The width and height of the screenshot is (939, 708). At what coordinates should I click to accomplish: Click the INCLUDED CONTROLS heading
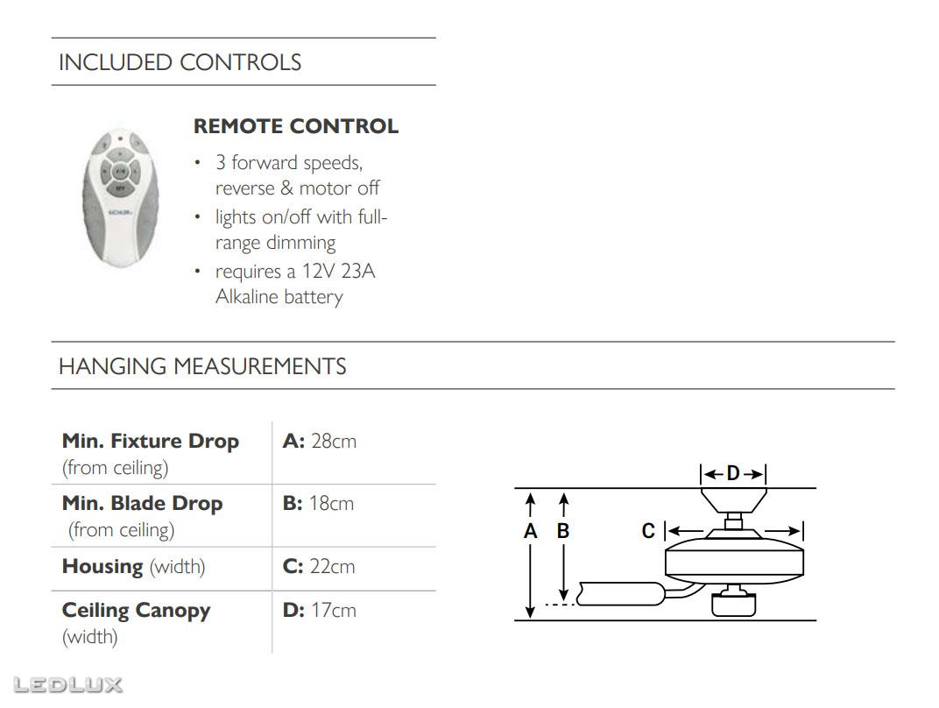click(x=180, y=62)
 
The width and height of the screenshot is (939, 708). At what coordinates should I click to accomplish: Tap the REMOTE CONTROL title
click(x=296, y=126)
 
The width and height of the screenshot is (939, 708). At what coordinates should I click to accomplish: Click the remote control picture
click(x=120, y=198)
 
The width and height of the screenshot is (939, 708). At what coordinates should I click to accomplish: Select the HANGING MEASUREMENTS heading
click(x=202, y=366)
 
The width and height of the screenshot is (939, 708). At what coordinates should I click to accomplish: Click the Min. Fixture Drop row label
click(x=151, y=442)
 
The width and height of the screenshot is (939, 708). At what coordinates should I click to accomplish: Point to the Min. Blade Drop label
click(x=143, y=504)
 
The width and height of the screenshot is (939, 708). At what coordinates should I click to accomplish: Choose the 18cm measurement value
click(x=331, y=504)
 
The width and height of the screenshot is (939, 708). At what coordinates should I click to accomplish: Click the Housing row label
click(x=102, y=567)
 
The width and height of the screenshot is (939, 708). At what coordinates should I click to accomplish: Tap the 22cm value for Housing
click(x=332, y=567)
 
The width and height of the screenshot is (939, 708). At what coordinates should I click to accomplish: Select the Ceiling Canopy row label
click(x=136, y=611)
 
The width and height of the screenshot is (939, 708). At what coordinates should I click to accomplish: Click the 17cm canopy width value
click(x=334, y=611)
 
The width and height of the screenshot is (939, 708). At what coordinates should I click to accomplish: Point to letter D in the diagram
click(x=733, y=474)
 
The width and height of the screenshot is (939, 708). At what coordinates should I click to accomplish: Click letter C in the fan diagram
click(x=648, y=531)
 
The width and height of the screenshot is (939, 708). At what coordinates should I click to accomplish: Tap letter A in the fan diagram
click(x=531, y=531)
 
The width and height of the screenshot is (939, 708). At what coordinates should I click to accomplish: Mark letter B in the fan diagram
click(x=563, y=531)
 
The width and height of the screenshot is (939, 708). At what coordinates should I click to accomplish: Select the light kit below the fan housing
click(x=734, y=602)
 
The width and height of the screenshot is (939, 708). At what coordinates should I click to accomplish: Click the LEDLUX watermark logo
click(x=67, y=685)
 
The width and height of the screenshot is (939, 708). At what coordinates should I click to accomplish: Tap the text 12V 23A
click(x=338, y=272)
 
